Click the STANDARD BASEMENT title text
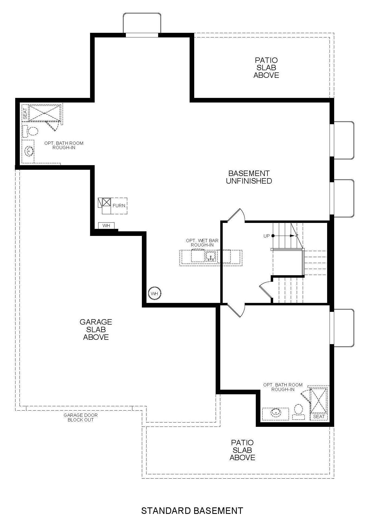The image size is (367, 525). tap(192, 511)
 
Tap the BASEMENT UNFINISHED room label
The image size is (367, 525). tap(249, 177)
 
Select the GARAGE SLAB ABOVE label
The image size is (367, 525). tap(96, 329)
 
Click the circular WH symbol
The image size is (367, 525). tap(155, 293)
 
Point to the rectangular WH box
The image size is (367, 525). tap(106, 226)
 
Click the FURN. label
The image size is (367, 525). tap(119, 206)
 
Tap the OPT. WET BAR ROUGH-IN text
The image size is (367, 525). tap(202, 243)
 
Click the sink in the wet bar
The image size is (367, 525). tap(210, 256)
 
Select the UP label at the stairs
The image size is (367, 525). tap(267, 236)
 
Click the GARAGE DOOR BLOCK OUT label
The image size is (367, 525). tap(81, 417)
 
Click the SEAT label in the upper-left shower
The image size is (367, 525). tap(25, 114)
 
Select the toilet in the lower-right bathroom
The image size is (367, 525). tap(298, 412)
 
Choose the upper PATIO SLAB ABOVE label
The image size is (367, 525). tap(266, 68)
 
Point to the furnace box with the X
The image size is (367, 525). tap(107, 202)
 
